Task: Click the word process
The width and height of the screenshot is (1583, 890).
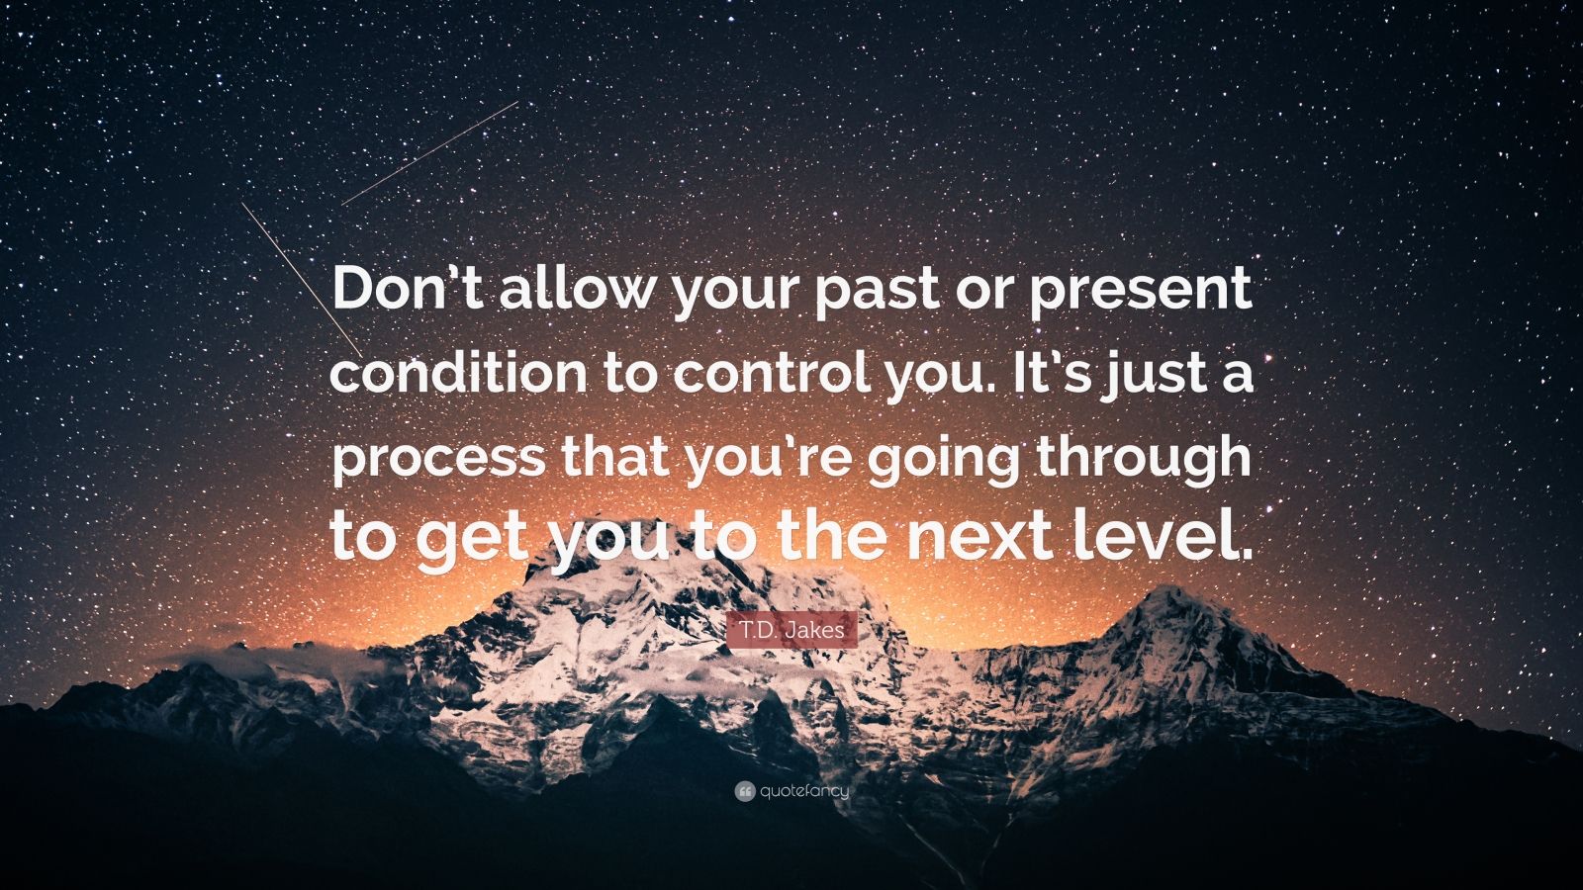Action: (438, 460)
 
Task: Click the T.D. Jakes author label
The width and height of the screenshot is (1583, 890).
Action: (792, 630)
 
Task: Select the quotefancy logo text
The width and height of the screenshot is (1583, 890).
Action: (804, 792)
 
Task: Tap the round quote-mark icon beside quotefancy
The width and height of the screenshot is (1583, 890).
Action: (745, 792)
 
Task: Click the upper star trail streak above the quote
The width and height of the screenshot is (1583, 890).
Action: (429, 153)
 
